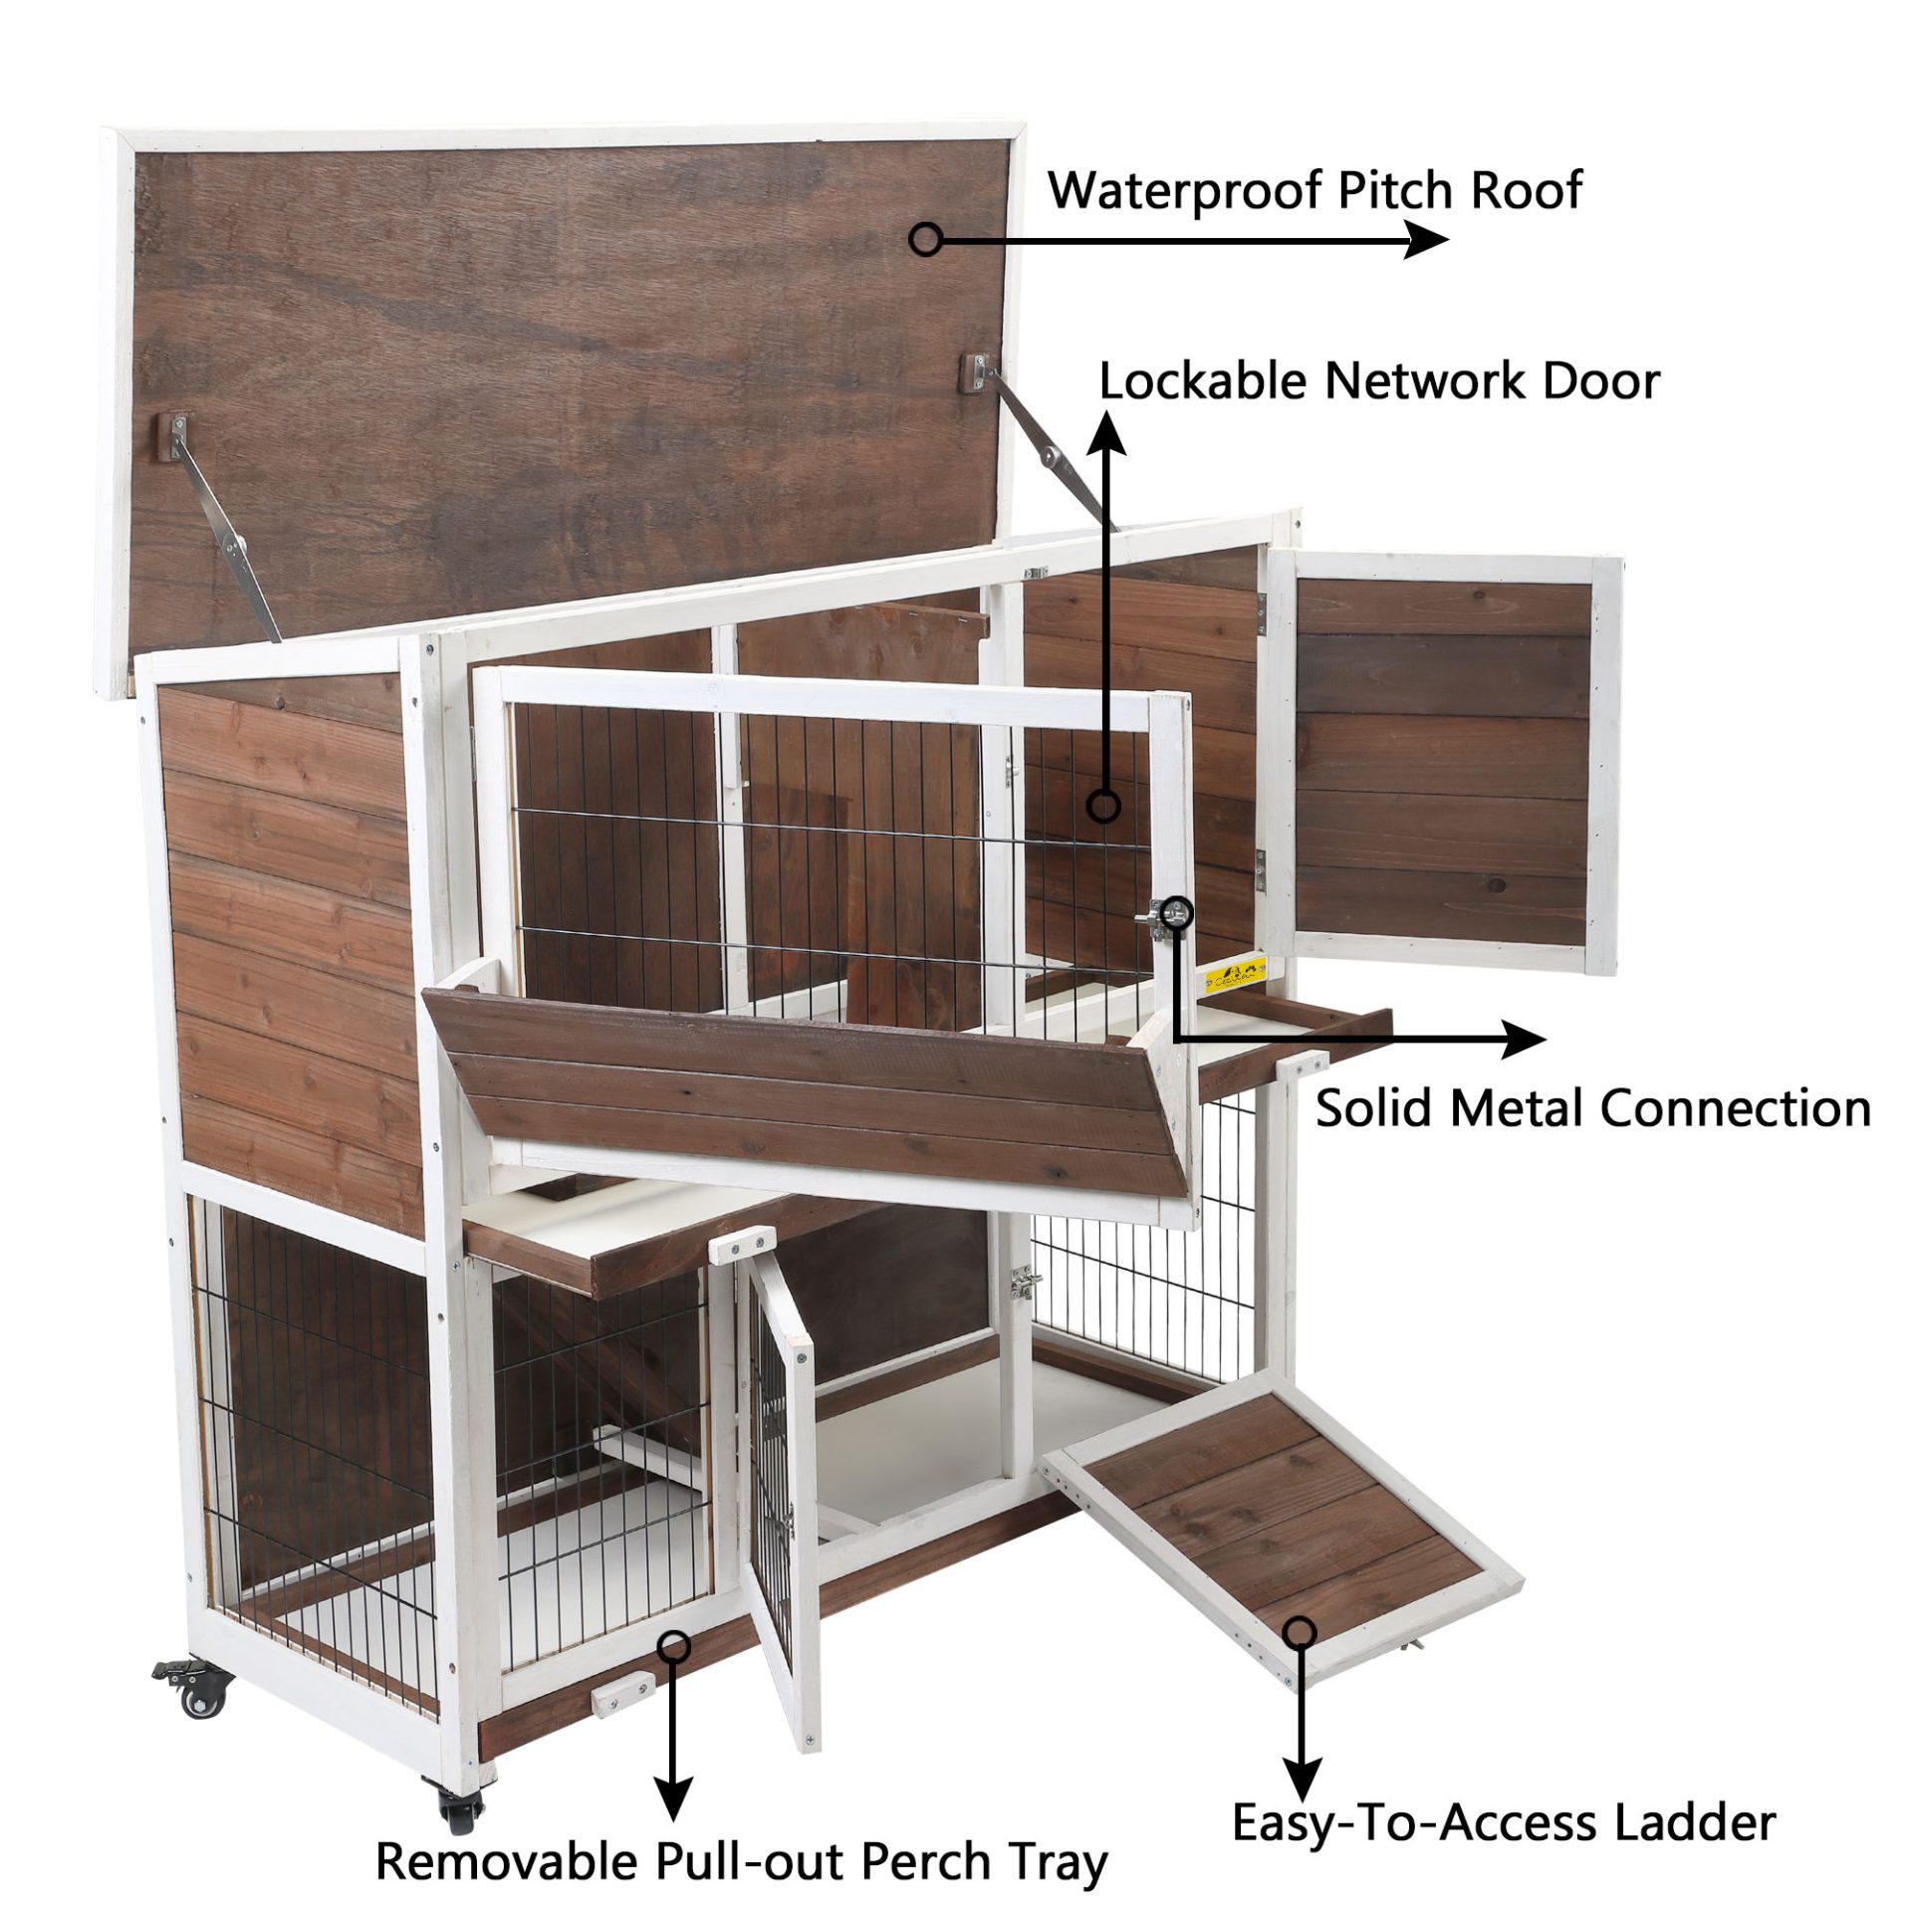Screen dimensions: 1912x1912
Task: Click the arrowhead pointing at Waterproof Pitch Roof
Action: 1426,240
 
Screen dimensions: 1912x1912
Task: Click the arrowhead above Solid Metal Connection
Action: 1524,1040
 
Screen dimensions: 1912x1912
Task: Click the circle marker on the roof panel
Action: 926,239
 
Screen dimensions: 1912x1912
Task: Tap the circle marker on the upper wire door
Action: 1103,806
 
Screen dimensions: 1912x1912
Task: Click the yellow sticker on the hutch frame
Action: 1235,974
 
